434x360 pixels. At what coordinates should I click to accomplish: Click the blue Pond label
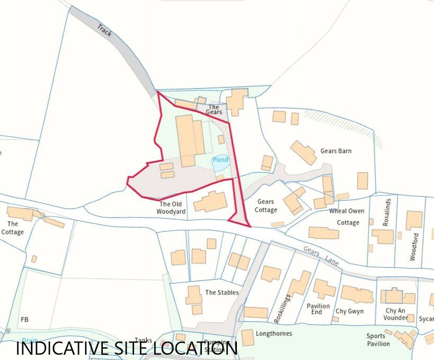(x=220, y=160)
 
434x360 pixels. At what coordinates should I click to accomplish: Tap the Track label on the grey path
(x=105, y=30)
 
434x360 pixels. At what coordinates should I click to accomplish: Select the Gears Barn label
(x=336, y=151)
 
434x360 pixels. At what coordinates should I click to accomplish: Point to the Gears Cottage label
(x=266, y=206)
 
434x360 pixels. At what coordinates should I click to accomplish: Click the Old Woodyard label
(x=171, y=208)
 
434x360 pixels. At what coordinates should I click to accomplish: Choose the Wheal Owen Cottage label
(x=347, y=217)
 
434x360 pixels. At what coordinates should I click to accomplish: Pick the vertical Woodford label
(x=414, y=247)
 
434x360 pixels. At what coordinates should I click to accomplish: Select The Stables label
(x=222, y=292)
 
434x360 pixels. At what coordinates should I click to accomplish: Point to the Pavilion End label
(x=318, y=309)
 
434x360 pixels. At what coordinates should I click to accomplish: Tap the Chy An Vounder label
(x=396, y=314)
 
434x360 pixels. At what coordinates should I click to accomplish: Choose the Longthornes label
(x=274, y=334)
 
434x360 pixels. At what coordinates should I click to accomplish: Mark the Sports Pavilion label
(x=378, y=340)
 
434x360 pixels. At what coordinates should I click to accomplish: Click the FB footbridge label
(x=24, y=320)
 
